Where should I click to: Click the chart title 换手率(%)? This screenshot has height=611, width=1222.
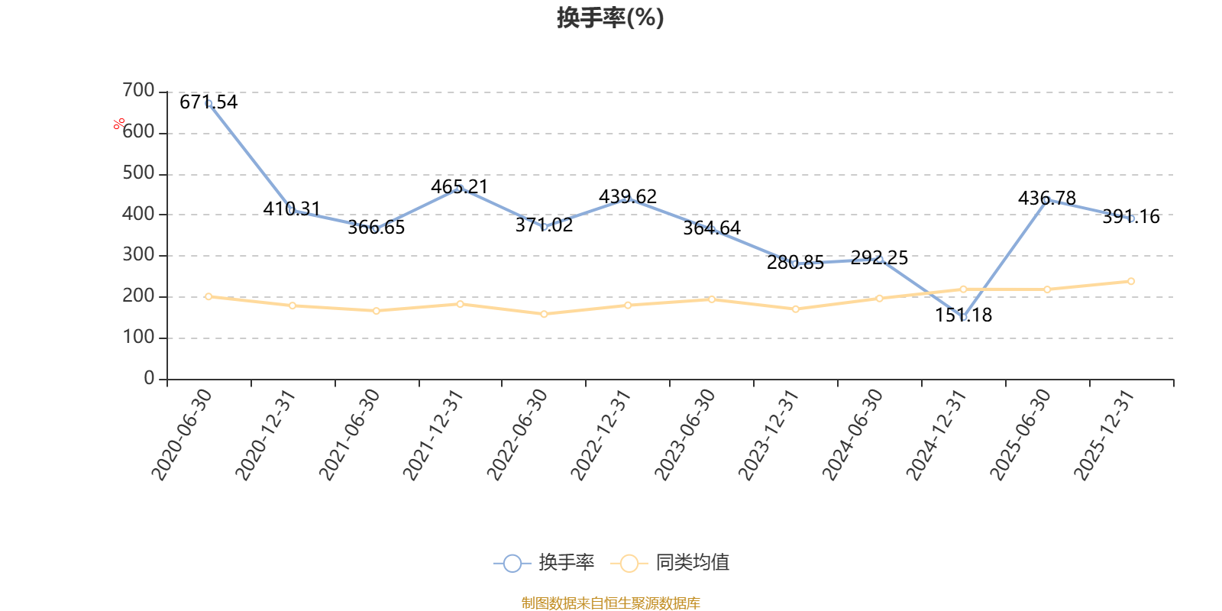[610, 18]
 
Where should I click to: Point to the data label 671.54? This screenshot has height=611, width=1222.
[209, 102]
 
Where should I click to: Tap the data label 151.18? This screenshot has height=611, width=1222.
[963, 315]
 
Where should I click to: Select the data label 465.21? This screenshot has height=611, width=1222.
[459, 186]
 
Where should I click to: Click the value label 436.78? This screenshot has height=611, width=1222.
[1047, 198]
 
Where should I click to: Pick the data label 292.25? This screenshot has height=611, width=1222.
[879, 257]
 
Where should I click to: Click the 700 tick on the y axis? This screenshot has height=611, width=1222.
[138, 90]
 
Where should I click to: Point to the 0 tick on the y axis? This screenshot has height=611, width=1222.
[149, 377]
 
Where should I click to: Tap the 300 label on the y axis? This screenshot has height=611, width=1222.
[138, 254]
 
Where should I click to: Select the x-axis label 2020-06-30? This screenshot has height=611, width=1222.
[181, 435]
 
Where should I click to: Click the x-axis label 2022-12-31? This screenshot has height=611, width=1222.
[600, 435]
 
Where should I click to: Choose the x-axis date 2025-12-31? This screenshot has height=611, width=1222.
[1104, 435]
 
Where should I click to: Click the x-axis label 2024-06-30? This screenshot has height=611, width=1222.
[852, 435]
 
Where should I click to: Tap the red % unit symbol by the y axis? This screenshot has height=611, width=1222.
[119, 124]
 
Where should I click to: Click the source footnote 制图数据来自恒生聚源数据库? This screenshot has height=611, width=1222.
[610, 603]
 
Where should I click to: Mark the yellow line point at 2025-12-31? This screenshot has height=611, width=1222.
[1131, 282]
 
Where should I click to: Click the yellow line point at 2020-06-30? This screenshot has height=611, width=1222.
[209, 296]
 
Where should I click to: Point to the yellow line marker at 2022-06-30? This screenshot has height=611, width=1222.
[544, 314]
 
